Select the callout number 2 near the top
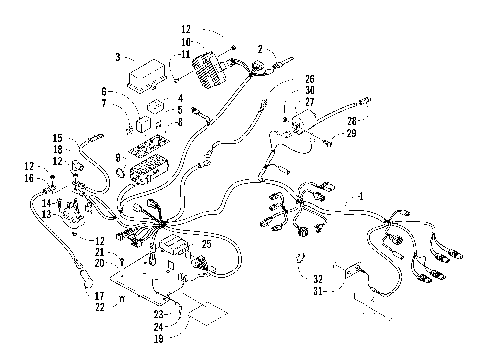(260, 48)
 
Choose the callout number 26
(309, 78)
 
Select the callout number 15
(57, 137)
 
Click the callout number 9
(119, 157)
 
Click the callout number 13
(46, 213)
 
